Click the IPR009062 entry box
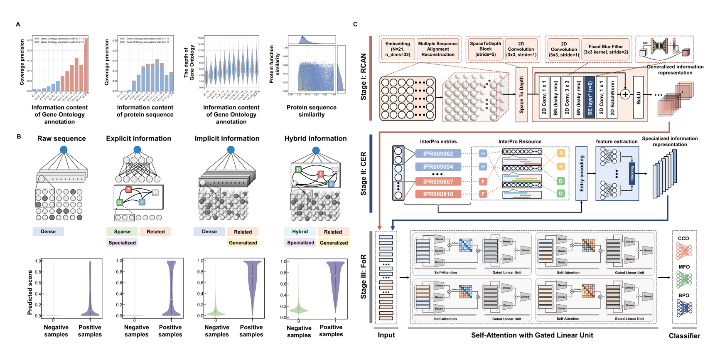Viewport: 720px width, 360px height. pos(438,153)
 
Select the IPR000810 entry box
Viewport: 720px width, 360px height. pos(438,194)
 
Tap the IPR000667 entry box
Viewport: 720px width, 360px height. pos(438,181)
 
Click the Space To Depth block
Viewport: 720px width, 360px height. pos(521,95)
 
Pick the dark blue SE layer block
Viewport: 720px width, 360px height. pos(590,97)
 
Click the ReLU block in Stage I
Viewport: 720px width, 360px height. pos(638,97)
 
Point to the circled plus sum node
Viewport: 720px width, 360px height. pos(625,94)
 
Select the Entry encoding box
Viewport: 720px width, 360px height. pos(581,173)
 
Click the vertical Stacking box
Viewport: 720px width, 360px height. pos(632,174)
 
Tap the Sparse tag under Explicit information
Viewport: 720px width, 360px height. pos(122,232)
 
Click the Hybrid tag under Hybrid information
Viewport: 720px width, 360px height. pos(300,232)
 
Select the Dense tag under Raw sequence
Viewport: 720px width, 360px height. pos(48,232)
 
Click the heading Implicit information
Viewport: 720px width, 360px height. pos(227,138)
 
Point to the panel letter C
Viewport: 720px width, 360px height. pos(355,24)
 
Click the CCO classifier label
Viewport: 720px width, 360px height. pos(683,239)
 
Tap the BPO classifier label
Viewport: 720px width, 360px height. pos(684,296)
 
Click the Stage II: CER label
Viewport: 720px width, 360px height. pos(364,172)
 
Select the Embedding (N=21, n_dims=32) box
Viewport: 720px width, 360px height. pos(398,49)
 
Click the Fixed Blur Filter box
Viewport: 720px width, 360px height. pos(605,49)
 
